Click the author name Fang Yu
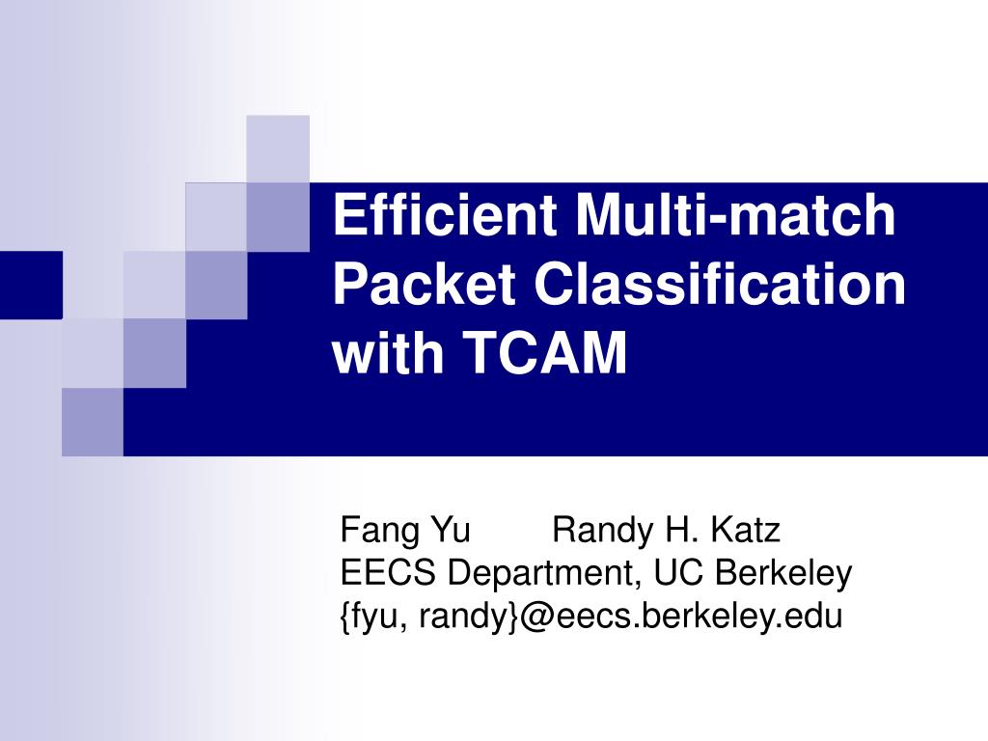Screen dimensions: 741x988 point(405,530)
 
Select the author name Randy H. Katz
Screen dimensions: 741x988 point(666,530)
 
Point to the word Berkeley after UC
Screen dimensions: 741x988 point(784,573)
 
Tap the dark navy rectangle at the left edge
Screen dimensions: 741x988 point(31,285)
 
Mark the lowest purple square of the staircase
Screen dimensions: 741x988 point(93,422)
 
